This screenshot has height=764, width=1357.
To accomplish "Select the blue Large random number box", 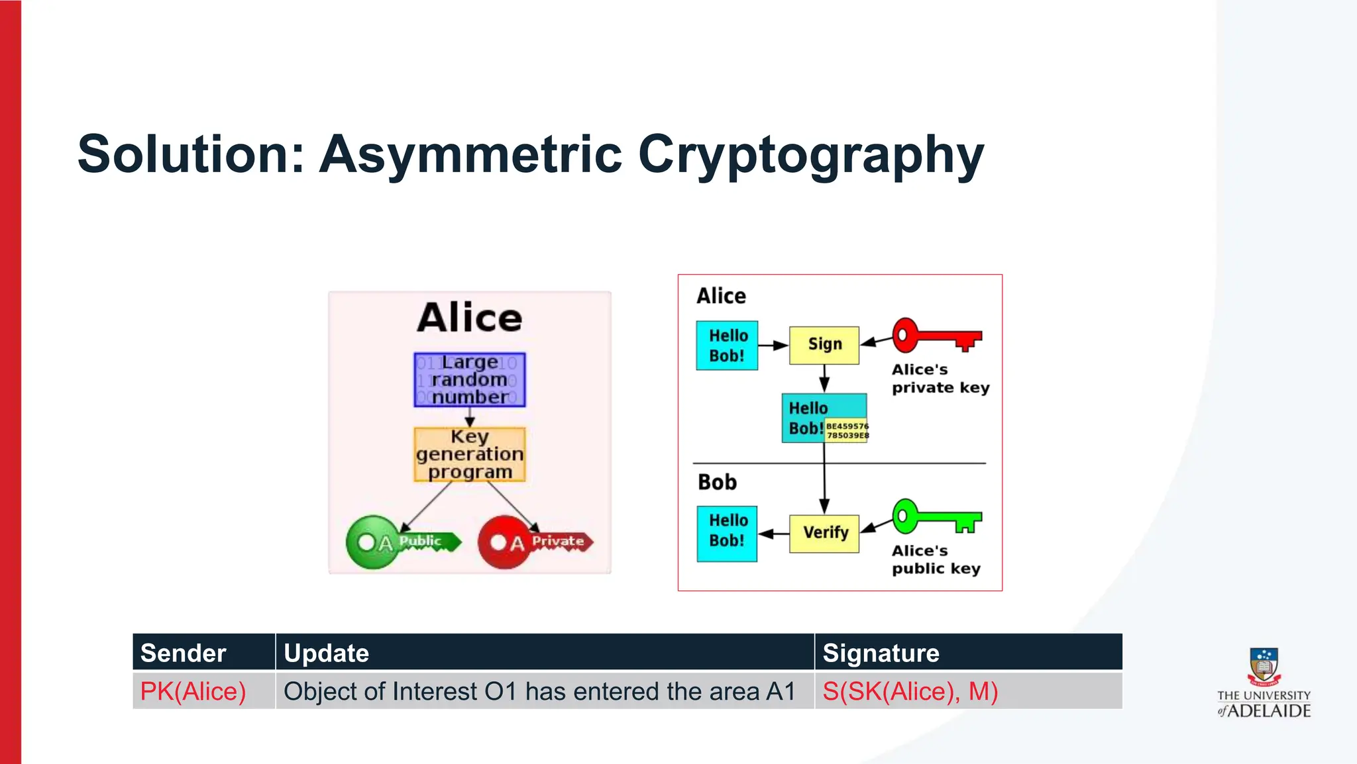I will tap(469, 379).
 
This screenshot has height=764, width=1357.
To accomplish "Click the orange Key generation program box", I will tap(469, 454).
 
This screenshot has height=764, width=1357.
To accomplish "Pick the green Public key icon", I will tap(402, 542).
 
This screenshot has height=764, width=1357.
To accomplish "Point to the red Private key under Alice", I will tap(534, 542).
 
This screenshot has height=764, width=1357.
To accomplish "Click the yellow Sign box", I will tap(824, 345).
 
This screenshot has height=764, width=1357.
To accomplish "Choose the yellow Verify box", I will tap(824, 533).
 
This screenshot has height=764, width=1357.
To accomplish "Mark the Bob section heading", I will tap(717, 482).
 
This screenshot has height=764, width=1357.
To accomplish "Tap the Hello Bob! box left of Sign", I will tap(727, 345).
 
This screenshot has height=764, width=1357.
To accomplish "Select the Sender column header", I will tap(184, 653).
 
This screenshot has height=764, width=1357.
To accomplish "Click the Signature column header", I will tap(881, 653).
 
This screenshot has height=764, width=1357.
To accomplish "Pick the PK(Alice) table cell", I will tap(193, 691).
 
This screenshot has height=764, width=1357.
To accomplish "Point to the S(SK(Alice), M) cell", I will tap(910, 691).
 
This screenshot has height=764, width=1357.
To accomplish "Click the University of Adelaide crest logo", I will tap(1264, 667).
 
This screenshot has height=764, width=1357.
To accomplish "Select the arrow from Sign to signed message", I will tap(824, 379).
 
